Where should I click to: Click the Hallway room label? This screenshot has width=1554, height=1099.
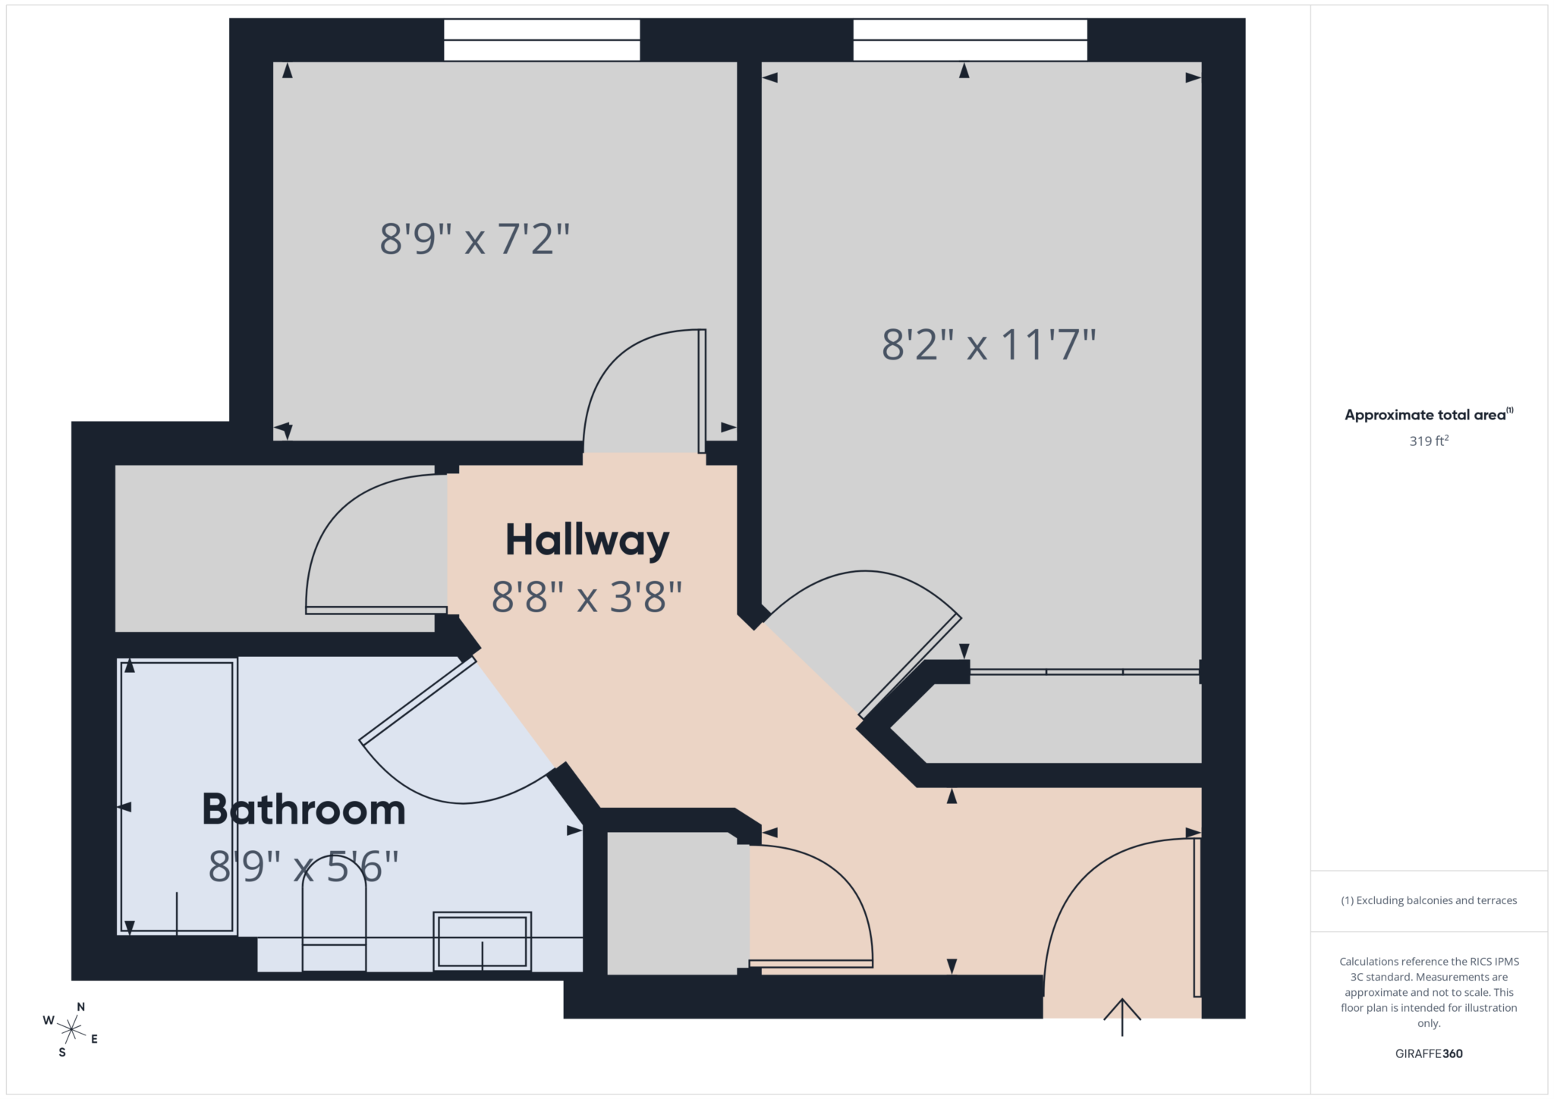point(587,541)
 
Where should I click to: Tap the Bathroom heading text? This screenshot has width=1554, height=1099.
point(304,810)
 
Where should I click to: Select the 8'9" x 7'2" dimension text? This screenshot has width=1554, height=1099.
point(474,239)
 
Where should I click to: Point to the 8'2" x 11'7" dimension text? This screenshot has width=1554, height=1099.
point(989,344)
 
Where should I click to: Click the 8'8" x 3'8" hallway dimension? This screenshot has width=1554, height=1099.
point(587,597)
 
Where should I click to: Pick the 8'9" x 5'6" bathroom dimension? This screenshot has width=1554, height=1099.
point(304,866)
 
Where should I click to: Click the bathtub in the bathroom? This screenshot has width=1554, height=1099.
point(178,796)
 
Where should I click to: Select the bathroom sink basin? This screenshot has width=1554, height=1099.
point(482,941)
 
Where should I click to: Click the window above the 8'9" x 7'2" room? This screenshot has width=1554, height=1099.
point(542,40)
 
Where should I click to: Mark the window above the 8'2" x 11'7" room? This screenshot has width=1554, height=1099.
point(970,40)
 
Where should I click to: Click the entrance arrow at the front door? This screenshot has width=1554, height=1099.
point(1121,1016)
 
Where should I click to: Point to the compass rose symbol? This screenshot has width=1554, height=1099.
point(71,1029)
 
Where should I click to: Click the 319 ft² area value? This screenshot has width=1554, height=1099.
point(1429,441)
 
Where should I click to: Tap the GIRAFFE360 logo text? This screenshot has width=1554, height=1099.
point(1429,1053)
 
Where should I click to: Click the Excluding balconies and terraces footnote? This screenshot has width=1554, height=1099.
point(1429,900)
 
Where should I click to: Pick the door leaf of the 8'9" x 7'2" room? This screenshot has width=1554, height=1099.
point(702,391)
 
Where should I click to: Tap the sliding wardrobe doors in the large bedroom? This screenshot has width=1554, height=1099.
point(1085,672)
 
